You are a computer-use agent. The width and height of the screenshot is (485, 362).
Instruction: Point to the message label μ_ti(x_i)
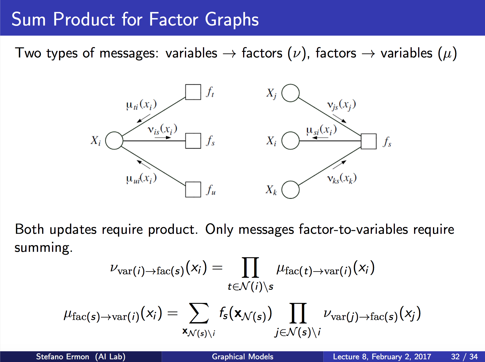[x=141, y=104]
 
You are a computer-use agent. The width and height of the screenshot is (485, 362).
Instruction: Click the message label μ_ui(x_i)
[x=141, y=178]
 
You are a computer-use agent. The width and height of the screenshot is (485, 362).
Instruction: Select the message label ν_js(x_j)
[x=341, y=105]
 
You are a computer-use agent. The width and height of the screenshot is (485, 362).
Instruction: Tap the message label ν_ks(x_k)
[x=342, y=178]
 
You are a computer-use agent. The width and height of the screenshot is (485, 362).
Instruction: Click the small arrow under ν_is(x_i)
[x=163, y=138]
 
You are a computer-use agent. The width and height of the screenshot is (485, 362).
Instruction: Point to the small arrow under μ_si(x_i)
[x=320, y=138]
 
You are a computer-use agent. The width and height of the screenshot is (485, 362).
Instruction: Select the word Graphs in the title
[x=232, y=20]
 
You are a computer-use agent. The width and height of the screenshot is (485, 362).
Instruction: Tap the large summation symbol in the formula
[x=199, y=313]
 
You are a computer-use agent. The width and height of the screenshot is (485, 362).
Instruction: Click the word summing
[x=43, y=248]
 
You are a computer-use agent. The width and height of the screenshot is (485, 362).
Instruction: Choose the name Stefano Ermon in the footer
[x=63, y=357]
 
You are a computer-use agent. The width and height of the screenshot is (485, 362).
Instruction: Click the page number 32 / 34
[x=464, y=357]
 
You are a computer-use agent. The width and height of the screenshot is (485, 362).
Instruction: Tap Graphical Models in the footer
[x=243, y=357]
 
